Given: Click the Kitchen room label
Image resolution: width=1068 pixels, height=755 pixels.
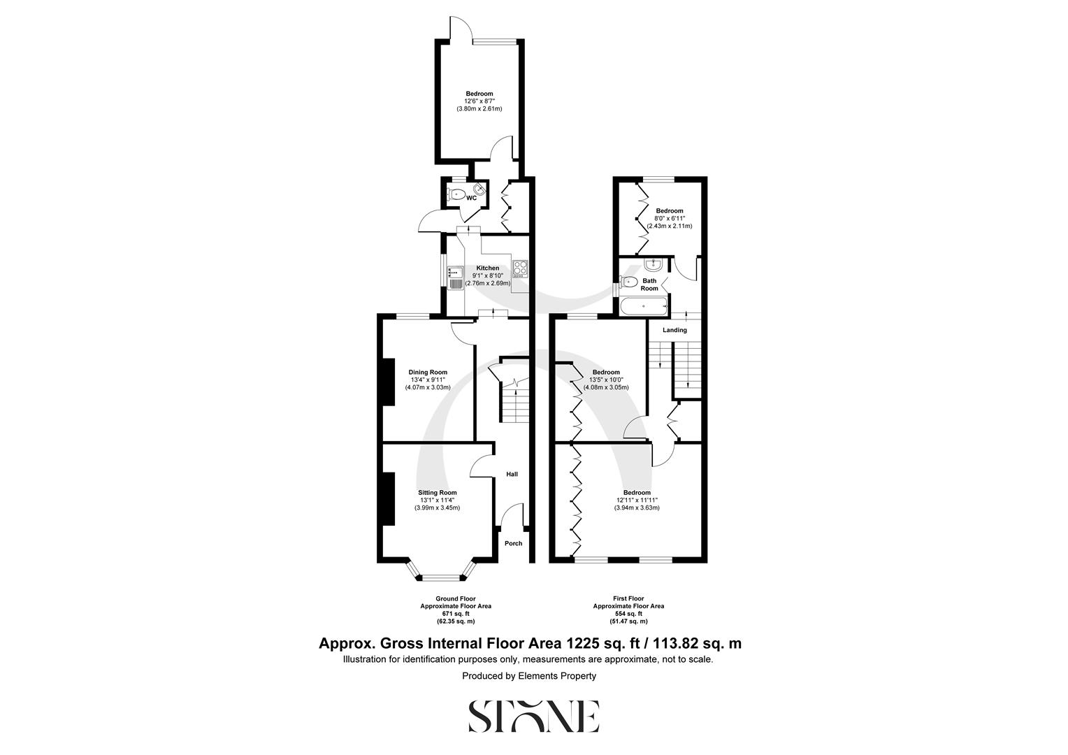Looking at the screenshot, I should [x=488, y=268].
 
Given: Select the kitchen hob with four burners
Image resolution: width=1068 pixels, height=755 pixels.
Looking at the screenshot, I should [x=521, y=269].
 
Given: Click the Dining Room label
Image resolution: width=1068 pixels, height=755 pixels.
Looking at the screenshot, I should [x=428, y=373].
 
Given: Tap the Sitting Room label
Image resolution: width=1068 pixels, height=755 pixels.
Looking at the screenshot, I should [x=438, y=493].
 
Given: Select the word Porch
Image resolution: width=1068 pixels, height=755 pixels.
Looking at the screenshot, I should [x=513, y=544].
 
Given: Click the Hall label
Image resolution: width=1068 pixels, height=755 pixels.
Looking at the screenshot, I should [x=512, y=475].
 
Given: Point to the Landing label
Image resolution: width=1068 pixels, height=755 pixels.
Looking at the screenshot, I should [x=674, y=330].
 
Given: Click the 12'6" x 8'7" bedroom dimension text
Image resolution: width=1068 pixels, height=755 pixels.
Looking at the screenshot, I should [x=479, y=101].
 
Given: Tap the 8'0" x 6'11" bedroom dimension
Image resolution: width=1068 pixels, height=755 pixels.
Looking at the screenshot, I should [x=669, y=219].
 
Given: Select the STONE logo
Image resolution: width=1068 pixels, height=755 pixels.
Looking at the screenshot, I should [x=533, y=716].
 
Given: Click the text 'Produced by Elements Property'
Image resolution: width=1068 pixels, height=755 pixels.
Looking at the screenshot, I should [x=529, y=676].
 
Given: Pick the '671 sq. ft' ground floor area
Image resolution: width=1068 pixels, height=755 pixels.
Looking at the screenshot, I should [x=456, y=614].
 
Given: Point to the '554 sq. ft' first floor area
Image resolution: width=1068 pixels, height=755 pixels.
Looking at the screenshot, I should [x=628, y=614].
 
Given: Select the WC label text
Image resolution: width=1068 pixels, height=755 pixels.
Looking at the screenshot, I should [x=472, y=199].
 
